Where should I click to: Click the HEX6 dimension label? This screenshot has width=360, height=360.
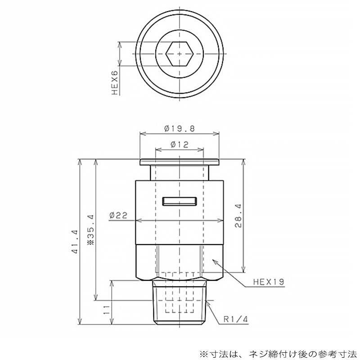[x=115, y=83]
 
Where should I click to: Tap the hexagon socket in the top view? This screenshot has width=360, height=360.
[x=179, y=54]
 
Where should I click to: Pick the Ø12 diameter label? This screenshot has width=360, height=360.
[x=180, y=144]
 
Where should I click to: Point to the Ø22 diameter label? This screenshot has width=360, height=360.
[x=118, y=215]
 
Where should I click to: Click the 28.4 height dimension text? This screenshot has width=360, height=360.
[x=238, y=216]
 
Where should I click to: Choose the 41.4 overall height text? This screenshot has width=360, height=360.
[x=75, y=242]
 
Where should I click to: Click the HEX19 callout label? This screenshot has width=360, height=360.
[x=269, y=282]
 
